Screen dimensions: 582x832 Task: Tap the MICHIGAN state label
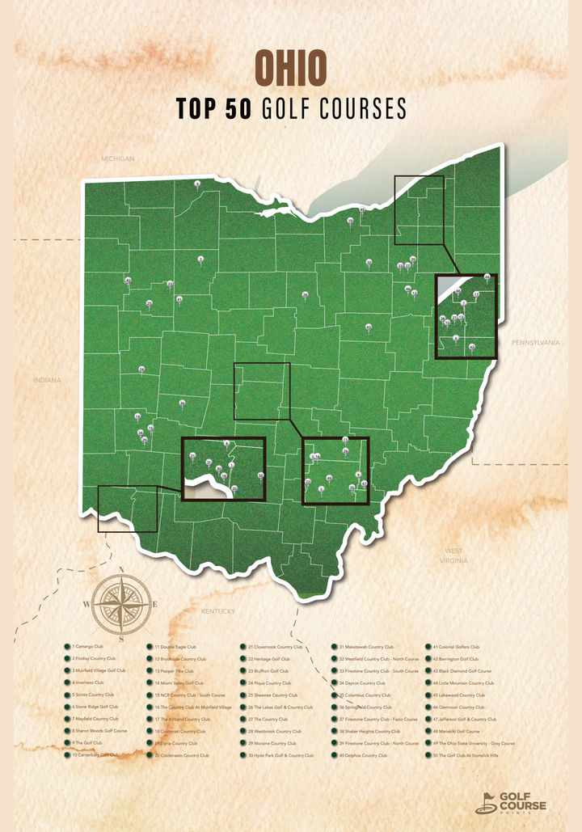tap(118, 158)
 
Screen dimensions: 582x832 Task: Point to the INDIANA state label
tap(47, 379)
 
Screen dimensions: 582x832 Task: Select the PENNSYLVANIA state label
tap(535, 343)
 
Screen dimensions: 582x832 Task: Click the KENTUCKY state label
tap(217, 611)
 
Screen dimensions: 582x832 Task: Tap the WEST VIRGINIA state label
tap(453, 555)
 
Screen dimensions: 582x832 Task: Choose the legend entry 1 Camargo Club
tap(88, 647)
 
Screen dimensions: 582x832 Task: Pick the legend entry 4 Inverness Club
tap(88, 682)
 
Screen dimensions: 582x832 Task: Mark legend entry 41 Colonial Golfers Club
tap(457, 647)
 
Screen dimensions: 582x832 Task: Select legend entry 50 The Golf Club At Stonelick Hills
tap(470, 755)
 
